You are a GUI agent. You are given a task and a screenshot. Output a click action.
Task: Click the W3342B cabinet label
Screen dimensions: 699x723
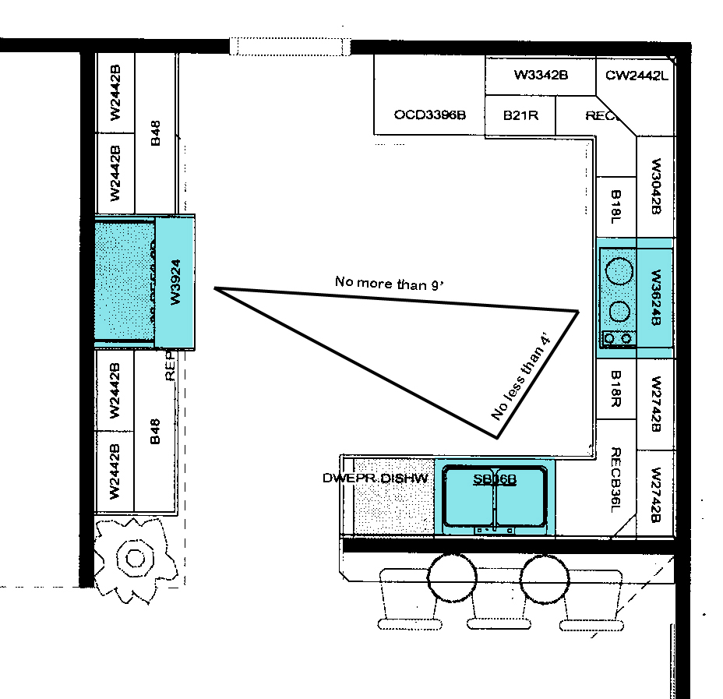click(x=540, y=76)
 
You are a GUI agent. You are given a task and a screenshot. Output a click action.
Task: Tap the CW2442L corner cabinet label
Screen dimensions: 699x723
click(x=637, y=76)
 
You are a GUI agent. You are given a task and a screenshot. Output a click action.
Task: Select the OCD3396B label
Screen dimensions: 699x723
click(x=429, y=115)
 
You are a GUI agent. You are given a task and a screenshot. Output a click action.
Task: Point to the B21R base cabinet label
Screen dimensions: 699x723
click(x=519, y=115)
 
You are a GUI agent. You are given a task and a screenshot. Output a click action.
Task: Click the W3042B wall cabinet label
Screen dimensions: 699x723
click(x=655, y=187)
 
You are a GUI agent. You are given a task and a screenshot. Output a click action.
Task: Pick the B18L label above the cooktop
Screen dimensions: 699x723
click(x=615, y=207)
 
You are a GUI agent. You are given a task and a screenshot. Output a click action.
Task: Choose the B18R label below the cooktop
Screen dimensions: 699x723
click(x=615, y=388)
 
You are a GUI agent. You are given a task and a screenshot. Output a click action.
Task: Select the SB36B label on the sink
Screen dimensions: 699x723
click(x=495, y=479)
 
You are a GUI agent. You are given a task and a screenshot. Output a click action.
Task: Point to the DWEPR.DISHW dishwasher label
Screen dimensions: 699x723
click(x=376, y=478)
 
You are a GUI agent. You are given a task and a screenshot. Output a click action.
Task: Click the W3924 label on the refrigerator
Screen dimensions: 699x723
click(x=175, y=282)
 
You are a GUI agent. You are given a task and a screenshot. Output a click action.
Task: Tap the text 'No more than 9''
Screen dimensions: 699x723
click(x=389, y=283)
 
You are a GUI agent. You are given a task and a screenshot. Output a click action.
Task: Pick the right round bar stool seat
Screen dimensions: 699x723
click(x=544, y=577)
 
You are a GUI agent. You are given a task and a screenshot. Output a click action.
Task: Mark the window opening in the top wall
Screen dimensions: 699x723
click(x=291, y=46)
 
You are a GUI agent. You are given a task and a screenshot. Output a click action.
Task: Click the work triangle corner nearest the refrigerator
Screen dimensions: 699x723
click(x=216, y=289)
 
